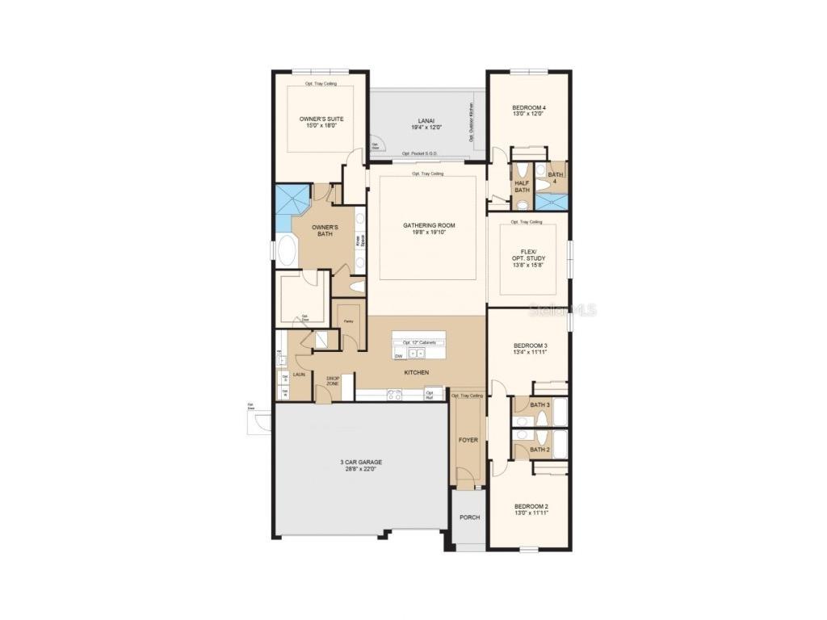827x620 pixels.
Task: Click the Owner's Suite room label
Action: tap(321, 119)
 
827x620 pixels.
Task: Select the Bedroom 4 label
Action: tap(529, 107)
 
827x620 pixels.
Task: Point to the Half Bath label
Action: tap(522, 186)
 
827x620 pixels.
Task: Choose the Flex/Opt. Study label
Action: tap(529, 255)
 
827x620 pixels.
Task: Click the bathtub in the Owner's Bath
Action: tap(287, 252)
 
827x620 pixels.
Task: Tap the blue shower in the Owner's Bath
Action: tap(290, 204)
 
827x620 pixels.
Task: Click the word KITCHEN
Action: tap(417, 372)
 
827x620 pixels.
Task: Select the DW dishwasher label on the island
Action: tap(399, 355)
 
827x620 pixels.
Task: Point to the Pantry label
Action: tap(348, 321)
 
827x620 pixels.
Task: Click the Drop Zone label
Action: tap(333, 380)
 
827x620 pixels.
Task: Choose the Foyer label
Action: tap(468, 440)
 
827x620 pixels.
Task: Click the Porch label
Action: tap(468, 517)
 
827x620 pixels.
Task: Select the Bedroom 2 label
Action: tap(531, 506)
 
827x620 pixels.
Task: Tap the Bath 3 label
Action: tap(539, 404)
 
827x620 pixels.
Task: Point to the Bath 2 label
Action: tap(539, 450)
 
